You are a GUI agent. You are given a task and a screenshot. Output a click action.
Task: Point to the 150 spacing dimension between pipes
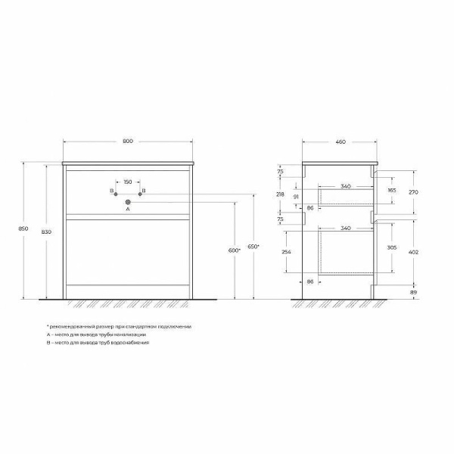[127, 182]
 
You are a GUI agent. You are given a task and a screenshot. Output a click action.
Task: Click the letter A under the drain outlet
[127, 211]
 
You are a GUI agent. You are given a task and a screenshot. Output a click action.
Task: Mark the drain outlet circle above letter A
[127, 201]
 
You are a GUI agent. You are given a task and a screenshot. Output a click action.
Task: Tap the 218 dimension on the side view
[280, 194]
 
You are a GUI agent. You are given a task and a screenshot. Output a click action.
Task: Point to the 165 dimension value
[391, 191]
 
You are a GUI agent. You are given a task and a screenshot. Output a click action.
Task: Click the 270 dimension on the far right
[413, 192]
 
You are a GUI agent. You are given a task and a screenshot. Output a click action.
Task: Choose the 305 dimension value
[391, 247]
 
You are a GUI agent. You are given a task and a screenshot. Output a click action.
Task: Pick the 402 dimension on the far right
[413, 251]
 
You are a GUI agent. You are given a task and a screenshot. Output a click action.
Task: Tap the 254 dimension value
[285, 252]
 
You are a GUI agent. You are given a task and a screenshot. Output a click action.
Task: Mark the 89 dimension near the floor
[413, 291]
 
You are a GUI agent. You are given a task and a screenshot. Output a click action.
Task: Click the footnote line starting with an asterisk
[119, 326]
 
